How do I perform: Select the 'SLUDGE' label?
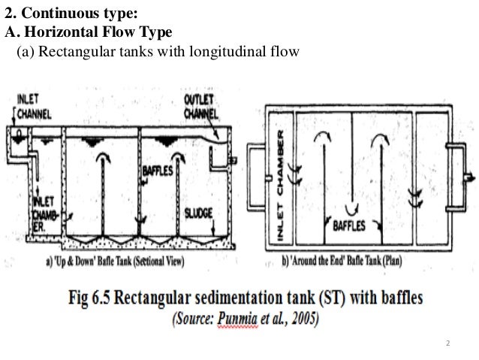coord(199,212)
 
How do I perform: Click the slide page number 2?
coord(448,344)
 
